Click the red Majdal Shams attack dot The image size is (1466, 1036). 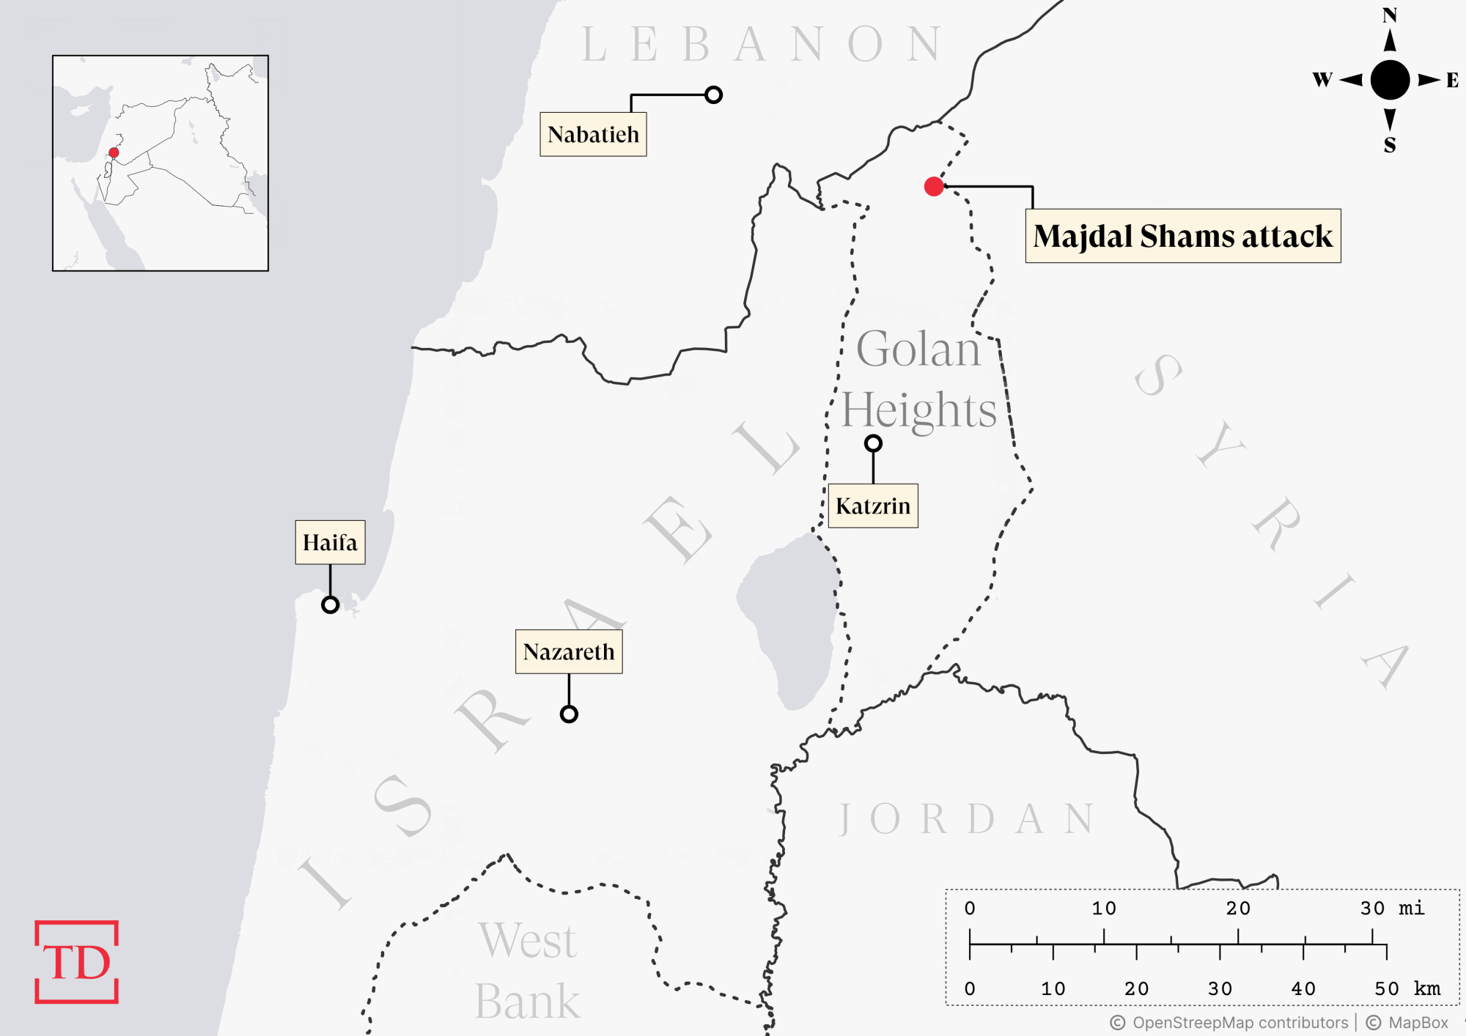coord(934,187)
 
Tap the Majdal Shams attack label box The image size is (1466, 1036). coord(1182,236)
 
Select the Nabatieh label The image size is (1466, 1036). coord(593,134)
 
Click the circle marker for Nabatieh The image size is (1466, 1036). coord(713,95)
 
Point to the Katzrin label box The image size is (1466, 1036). coord(872,506)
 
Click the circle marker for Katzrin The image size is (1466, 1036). coord(873,443)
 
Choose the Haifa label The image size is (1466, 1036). coord(330,542)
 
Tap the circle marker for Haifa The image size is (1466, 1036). coord(330,604)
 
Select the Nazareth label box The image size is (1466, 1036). coord(569,651)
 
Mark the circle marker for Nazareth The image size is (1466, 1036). coord(569,714)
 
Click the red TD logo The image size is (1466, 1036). coord(76,961)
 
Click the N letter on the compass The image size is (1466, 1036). coord(1389,15)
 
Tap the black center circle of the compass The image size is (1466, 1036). coord(1390,80)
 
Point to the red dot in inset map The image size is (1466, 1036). coord(114,152)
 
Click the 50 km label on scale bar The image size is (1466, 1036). coord(1407,988)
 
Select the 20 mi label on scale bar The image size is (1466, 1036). coord(1238,909)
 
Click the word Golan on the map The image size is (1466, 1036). coord(918,349)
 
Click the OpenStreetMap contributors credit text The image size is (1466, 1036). coord(1240,1023)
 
